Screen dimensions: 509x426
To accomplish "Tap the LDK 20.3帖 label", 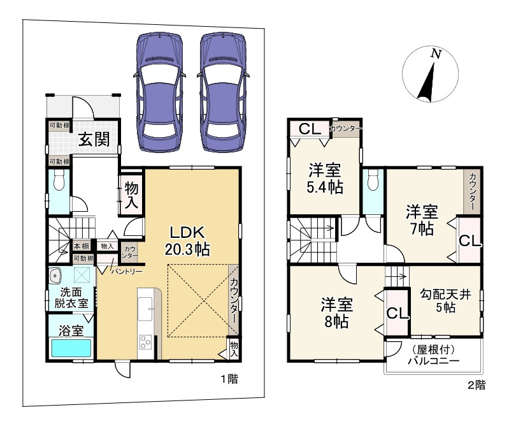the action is pos(187,241).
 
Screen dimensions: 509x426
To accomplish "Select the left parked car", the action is pos(159,92).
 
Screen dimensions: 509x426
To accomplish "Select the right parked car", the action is pos(224,92).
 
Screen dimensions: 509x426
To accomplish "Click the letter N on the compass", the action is pos(436,54).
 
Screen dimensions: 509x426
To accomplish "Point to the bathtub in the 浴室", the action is pos(71,348).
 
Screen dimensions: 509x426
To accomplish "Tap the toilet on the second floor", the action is pos(373,180).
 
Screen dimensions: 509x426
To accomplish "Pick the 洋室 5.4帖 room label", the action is pos(325,179).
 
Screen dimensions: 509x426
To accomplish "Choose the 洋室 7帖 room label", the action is pos(422,220).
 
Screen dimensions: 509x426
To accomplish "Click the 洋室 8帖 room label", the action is pos(336,312).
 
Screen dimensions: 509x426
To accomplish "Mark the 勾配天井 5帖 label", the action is pos(445,301).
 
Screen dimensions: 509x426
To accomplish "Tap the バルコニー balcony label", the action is pos(433,355).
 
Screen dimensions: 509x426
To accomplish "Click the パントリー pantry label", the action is pos(127,270).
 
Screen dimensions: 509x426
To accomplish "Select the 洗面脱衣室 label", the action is pos(71,298).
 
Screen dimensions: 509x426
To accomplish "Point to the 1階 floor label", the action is pos(229,379).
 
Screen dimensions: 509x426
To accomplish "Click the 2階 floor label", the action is pos(477,385).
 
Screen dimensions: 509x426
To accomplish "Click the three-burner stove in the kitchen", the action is pos(145,342).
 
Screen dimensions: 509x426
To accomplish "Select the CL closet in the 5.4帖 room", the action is pos(310,129).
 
